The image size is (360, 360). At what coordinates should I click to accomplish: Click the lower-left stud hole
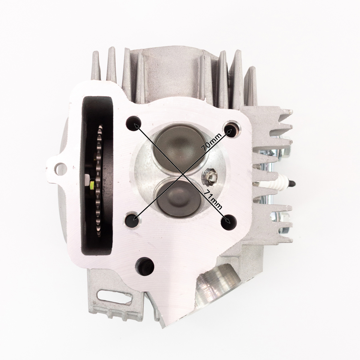[x=133, y=219]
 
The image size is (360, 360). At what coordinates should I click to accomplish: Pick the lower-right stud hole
[x=229, y=222]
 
